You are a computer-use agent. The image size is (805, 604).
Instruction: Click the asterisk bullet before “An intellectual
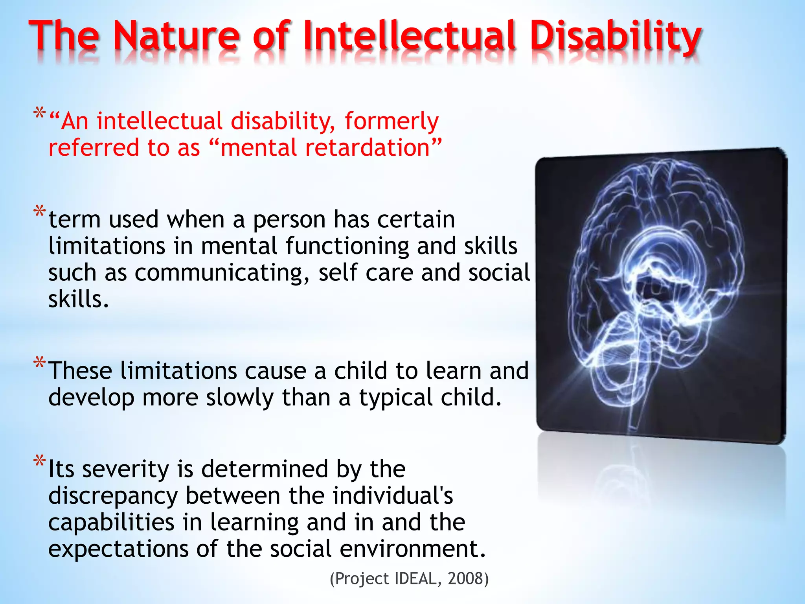39,114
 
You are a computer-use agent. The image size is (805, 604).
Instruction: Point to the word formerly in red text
391,122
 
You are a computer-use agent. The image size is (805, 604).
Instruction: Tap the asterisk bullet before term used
39,213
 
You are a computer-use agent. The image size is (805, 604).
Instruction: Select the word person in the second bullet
289,220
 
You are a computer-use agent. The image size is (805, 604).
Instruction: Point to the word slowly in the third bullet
239,398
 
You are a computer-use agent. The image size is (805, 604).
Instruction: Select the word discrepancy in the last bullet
113,496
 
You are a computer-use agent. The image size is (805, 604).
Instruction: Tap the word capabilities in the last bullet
111,523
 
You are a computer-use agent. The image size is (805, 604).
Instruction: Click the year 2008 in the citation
465,579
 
